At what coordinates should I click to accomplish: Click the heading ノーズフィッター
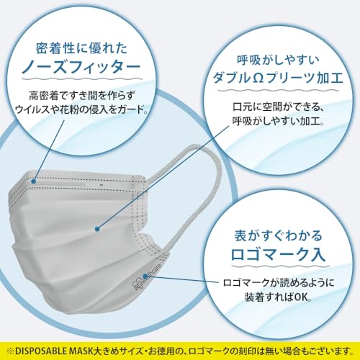(81, 66)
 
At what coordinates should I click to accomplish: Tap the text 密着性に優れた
(81, 48)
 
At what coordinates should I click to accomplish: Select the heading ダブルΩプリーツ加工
(278, 78)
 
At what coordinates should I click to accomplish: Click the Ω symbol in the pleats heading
(258, 78)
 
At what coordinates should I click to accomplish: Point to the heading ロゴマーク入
(278, 254)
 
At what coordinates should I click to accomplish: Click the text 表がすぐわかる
(278, 235)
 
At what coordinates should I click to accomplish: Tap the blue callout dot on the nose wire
(34, 181)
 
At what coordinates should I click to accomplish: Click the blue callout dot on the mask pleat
(97, 229)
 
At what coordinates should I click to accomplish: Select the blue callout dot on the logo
(145, 276)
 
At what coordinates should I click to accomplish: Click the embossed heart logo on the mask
(138, 285)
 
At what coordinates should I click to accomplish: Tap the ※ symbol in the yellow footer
(10, 351)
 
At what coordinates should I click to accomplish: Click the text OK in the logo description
(301, 297)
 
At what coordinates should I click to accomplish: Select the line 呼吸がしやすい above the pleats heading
(278, 60)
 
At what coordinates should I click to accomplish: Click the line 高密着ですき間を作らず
(81, 96)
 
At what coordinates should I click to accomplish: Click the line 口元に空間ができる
(277, 107)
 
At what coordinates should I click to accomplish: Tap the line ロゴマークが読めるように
(279, 282)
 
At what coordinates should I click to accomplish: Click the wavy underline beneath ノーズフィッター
(82, 78)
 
